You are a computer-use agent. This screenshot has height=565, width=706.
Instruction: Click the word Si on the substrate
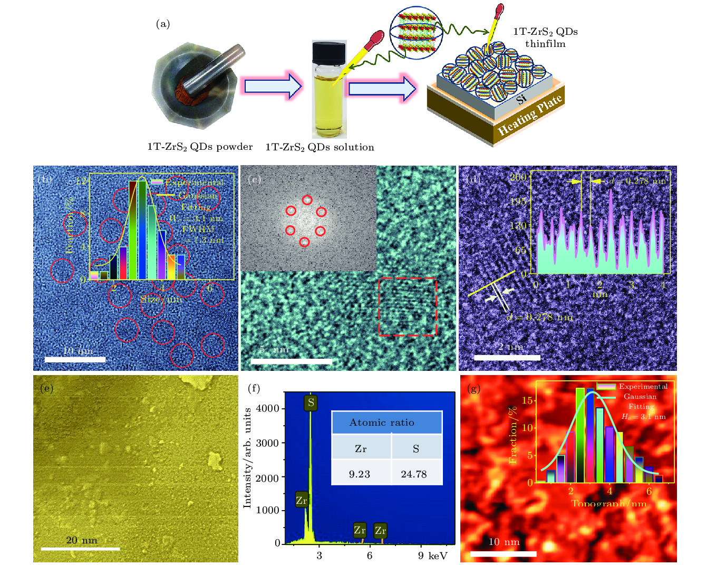[x=521, y=99]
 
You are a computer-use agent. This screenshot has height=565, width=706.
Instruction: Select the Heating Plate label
[x=530, y=116]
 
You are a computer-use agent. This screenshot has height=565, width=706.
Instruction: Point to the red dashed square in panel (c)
[x=408, y=307]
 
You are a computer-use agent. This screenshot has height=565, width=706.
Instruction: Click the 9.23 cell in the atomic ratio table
[x=360, y=474]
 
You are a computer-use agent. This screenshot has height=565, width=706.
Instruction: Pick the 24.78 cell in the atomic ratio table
[x=414, y=474]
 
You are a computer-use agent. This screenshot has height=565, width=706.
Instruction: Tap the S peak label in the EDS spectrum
[x=311, y=403]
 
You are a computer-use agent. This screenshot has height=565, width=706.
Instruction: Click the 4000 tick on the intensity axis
[x=268, y=408]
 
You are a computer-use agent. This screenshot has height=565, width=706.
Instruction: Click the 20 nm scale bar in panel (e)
[x=80, y=549]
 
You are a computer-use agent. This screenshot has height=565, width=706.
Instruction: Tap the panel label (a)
[x=163, y=24]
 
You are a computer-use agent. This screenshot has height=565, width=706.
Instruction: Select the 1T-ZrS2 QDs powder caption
[x=200, y=147]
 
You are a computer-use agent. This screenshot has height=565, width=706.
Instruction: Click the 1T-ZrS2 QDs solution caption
[x=320, y=147]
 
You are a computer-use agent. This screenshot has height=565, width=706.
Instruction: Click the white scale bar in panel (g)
[x=503, y=554]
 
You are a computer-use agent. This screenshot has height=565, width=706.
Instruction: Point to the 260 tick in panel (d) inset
[x=518, y=177]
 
